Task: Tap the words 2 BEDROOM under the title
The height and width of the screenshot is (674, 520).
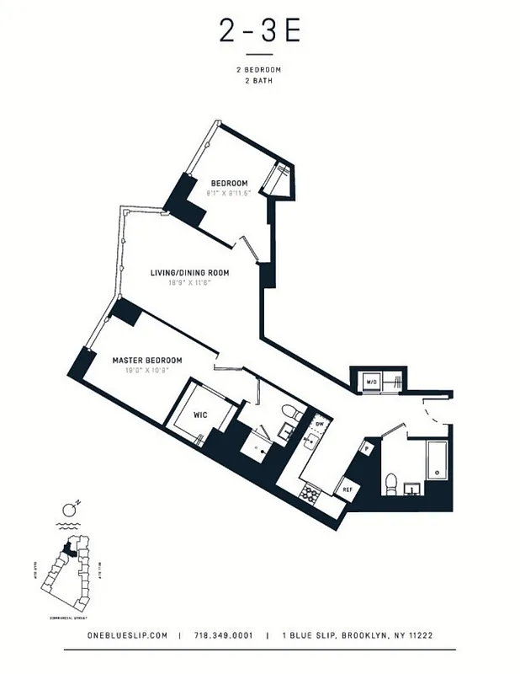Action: pyautogui.click(x=259, y=70)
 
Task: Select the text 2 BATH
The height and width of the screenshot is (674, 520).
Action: pyautogui.click(x=259, y=82)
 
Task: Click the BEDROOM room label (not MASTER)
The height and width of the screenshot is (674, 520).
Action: pyautogui.click(x=229, y=184)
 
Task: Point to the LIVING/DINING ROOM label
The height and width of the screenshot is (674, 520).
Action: pyautogui.click(x=190, y=273)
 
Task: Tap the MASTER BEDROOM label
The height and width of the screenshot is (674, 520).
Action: pyautogui.click(x=147, y=360)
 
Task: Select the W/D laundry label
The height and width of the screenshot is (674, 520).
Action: pyautogui.click(x=370, y=383)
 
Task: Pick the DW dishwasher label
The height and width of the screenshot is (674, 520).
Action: pyautogui.click(x=319, y=424)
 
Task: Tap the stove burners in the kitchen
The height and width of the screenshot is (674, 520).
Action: pyautogui.click(x=310, y=492)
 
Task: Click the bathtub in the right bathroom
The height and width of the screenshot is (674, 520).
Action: pyautogui.click(x=437, y=459)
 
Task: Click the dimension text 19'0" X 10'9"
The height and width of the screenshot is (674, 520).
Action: pyautogui.click(x=147, y=370)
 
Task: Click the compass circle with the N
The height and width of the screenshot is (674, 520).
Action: pyautogui.click(x=68, y=511)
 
